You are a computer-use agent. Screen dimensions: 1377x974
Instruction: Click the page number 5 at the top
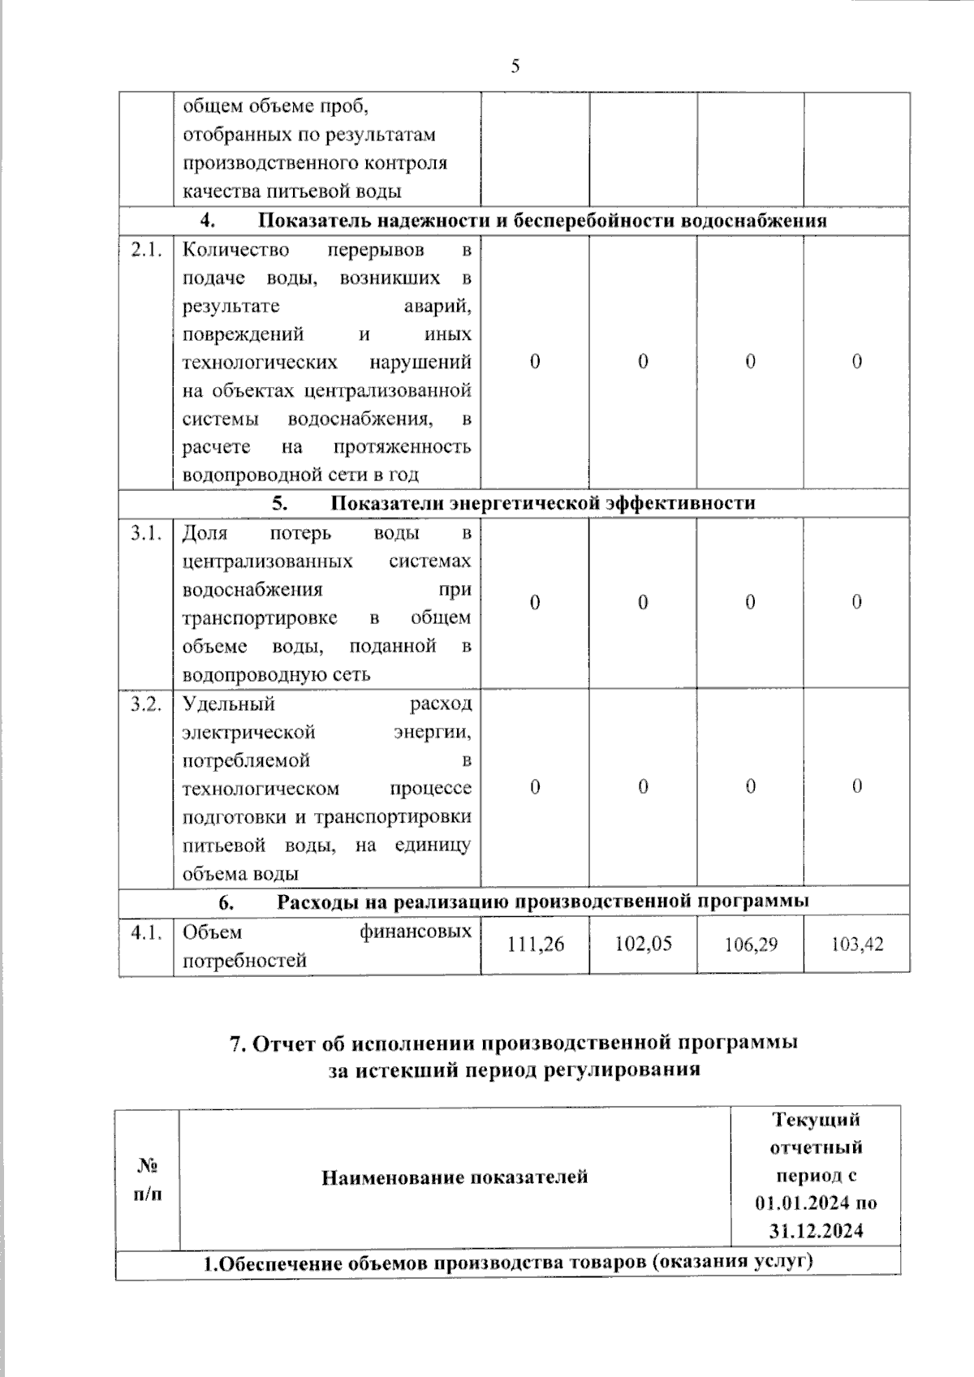515,67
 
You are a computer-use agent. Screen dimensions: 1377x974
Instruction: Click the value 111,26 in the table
535,944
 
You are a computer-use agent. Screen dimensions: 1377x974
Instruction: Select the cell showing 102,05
643,944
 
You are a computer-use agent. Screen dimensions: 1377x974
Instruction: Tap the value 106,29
750,945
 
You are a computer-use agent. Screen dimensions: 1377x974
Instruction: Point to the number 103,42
857,945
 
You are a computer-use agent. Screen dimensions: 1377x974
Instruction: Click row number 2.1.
146,250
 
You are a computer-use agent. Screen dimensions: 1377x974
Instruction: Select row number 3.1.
146,533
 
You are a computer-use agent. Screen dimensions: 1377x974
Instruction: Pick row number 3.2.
146,704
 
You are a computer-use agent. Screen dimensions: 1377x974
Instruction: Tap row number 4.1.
146,932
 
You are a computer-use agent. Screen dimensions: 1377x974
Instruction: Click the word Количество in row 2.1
235,250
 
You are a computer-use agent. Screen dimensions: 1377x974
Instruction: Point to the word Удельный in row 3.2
229,704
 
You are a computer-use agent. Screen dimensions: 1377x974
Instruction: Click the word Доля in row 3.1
205,533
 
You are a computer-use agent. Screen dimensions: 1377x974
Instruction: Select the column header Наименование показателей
455,1177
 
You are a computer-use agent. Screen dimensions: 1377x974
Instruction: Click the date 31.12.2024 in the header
816,1231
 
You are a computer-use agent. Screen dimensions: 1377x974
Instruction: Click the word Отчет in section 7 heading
284,1043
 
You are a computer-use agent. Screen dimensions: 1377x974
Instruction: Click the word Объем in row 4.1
212,932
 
